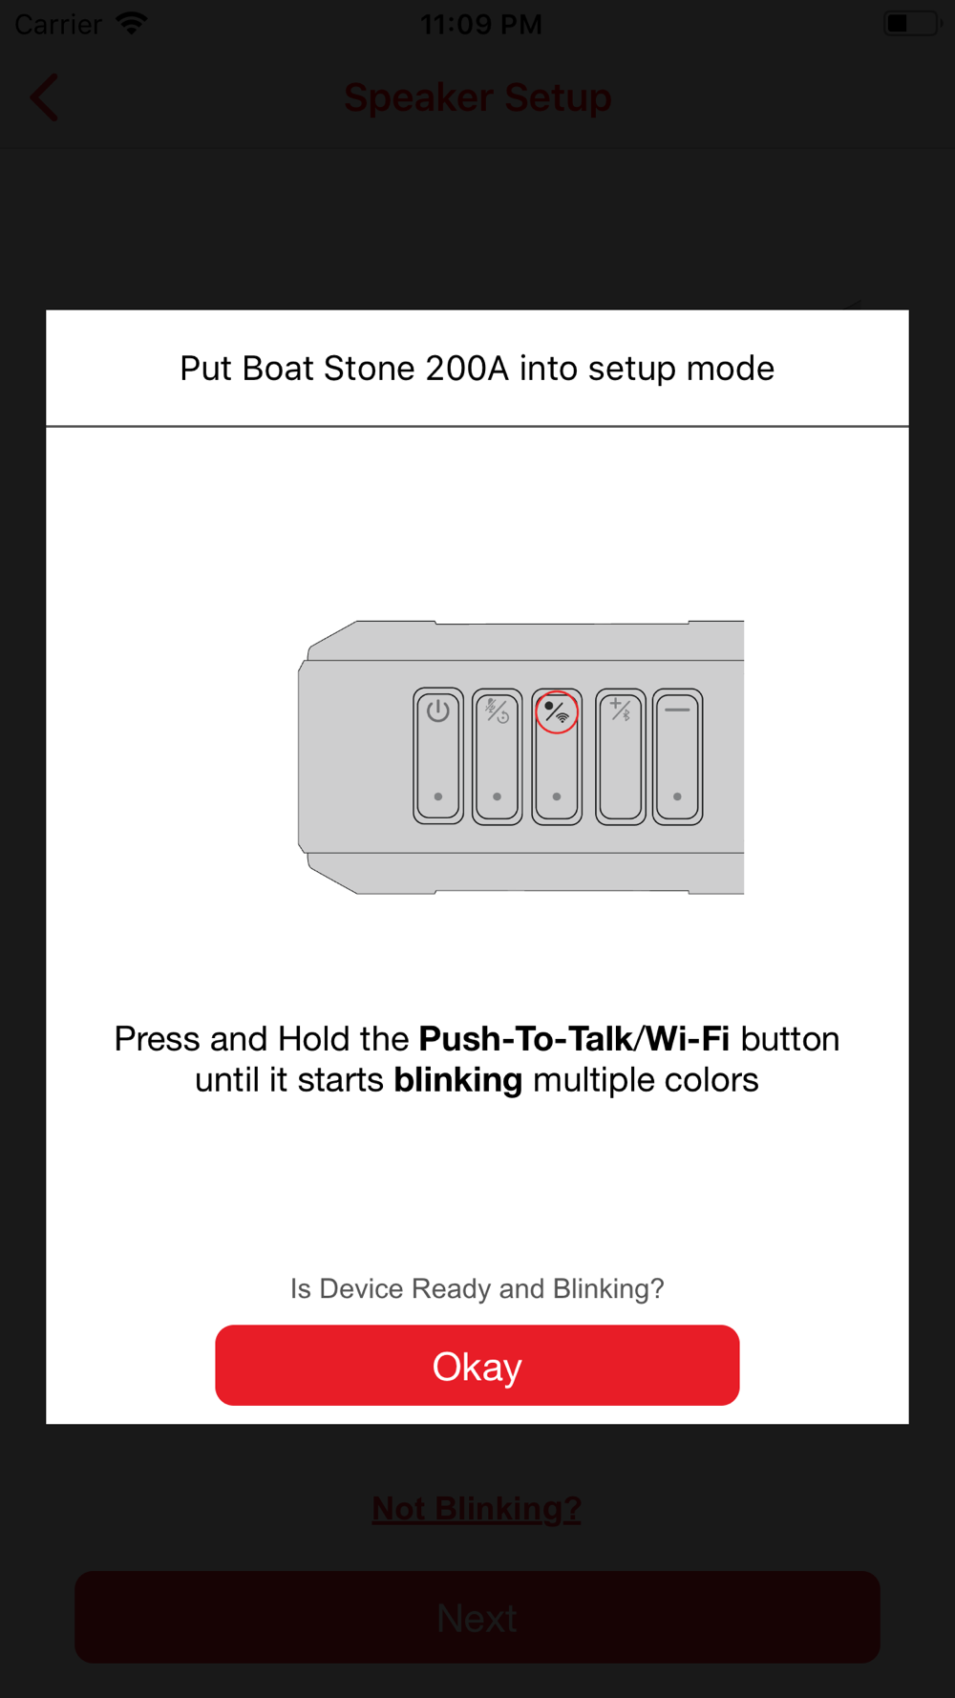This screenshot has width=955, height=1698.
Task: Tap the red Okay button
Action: pos(477,1365)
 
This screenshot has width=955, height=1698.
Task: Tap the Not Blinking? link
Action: pos(477,1509)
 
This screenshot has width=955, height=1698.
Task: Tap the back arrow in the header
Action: pos(44,97)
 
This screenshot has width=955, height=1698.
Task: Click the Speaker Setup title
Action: pos(477,97)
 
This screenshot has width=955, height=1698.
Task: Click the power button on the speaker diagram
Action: pos(438,755)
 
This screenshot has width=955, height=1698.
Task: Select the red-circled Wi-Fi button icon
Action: pos(557,712)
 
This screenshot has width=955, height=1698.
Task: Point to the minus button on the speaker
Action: pos(678,755)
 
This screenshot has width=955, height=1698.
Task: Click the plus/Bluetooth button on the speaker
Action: pos(621,755)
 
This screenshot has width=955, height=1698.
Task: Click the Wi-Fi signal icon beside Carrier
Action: pos(132,23)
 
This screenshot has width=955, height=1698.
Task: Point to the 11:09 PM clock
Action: pos(480,24)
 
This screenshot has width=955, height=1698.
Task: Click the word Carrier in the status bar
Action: pos(58,24)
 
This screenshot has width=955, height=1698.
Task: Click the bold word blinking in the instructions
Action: pos(458,1080)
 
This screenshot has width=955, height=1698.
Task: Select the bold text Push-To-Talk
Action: pos(526,1039)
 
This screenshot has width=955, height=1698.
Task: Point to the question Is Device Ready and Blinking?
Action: pos(477,1289)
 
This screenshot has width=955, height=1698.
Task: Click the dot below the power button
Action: pos(438,796)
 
